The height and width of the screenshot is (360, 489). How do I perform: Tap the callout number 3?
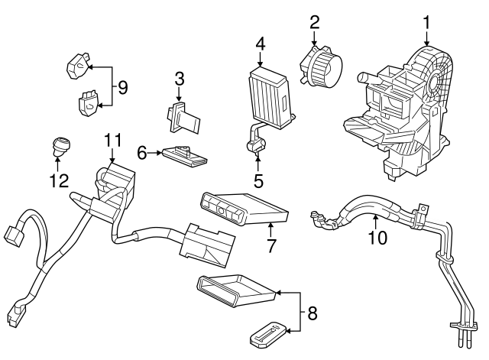click(x=179, y=79)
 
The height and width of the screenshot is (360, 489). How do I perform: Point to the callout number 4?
click(x=260, y=44)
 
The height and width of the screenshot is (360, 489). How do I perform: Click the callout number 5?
click(x=258, y=181)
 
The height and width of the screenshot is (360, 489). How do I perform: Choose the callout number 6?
click(x=142, y=154)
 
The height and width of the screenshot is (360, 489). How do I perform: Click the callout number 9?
click(x=121, y=87)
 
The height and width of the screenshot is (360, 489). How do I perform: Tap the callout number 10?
click(x=377, y=238)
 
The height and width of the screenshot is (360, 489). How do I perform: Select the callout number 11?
click(x=113, y=141)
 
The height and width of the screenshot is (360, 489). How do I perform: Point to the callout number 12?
click(x=59, y=181)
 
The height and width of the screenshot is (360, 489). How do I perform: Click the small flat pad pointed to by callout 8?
click(x=268, y=332)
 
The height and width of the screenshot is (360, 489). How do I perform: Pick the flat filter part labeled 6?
click(x=184, y=157)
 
